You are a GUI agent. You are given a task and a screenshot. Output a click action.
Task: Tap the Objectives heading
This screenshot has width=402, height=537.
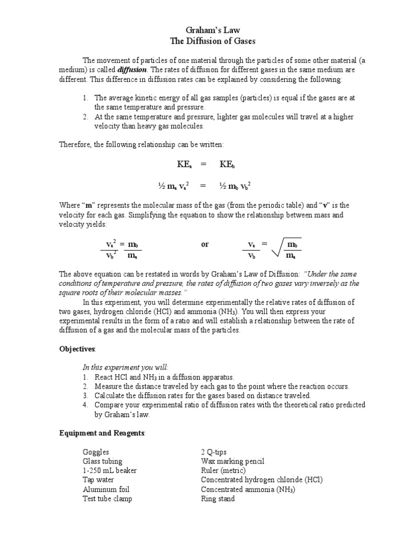pos(77,349)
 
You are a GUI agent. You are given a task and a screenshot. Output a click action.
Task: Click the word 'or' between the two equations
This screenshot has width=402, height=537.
pos(205,244)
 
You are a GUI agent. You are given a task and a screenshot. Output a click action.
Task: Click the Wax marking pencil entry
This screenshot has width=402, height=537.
pos(232,461)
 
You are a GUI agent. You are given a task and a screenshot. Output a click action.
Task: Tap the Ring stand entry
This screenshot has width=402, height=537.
pos(218,499)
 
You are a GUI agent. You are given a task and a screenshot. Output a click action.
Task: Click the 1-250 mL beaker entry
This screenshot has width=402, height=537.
pos(109,470)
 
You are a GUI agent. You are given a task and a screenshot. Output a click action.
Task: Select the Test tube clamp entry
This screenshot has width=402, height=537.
pos(107,499)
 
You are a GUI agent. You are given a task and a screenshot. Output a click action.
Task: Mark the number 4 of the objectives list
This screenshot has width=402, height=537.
pos(85,405)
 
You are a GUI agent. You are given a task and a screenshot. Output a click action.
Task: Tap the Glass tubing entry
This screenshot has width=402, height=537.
pos(102,461)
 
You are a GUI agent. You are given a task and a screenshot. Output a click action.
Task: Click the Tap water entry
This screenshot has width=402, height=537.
pos(98,480)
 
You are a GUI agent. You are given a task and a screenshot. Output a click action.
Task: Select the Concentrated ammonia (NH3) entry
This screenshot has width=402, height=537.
pos(248,489)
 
